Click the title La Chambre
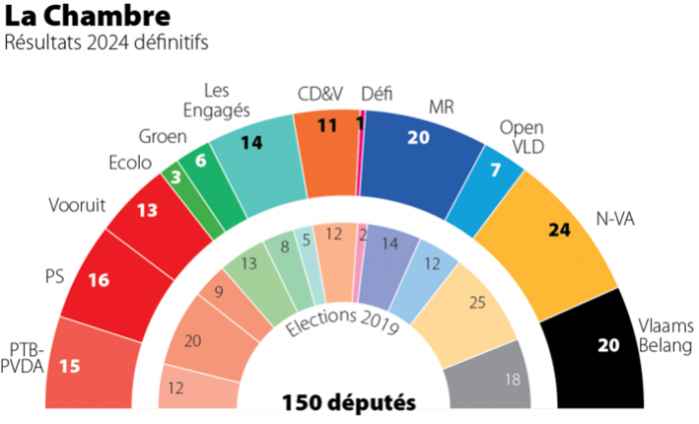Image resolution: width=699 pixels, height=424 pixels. pos(76,17)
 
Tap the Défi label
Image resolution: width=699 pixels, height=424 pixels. pos(376,94)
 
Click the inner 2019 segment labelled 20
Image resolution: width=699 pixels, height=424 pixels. pos(194,340)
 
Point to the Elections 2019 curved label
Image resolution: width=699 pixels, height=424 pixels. pos(344,321)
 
